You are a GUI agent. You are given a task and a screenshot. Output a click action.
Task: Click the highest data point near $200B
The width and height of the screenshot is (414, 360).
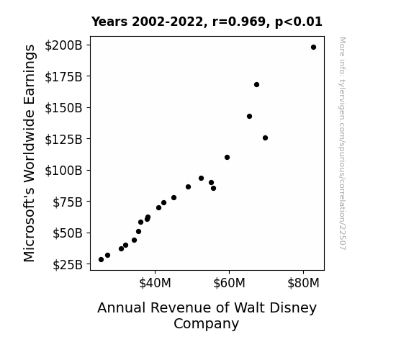point(313,48)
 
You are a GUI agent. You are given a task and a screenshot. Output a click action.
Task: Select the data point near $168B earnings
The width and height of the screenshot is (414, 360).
point(256,84)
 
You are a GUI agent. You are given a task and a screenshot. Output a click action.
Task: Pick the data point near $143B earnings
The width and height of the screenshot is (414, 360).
point(250,116)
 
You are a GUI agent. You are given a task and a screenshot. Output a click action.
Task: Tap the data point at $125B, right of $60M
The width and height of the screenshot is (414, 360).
point(266,138)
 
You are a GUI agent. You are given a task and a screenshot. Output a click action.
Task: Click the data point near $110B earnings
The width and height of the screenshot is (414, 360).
point(227,158)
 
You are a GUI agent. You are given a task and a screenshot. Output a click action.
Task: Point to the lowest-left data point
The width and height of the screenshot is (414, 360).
point(101,260)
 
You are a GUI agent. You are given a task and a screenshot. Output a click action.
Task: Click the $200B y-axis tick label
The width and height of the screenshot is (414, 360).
point(63,45)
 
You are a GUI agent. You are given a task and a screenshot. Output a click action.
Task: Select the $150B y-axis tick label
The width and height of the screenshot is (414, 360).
point(63,108)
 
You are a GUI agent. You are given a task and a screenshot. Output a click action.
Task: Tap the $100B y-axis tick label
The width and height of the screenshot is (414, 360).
point(63,171)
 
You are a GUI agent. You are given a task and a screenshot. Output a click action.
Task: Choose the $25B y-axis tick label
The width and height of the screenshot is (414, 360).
point(68,265)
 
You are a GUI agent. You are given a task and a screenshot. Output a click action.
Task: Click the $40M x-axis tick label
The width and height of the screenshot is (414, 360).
point(156,283)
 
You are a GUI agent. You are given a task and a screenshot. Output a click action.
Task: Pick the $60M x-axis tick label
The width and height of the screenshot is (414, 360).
point(229,283)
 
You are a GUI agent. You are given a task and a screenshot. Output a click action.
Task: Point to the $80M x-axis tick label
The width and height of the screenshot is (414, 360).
point(303,283)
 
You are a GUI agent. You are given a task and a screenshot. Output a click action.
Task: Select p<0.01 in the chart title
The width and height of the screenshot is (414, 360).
point(299,22)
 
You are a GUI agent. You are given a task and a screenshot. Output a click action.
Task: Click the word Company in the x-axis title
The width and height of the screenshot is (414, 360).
point(206,324)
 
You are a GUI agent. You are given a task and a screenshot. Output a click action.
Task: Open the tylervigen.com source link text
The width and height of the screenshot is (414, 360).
point(342,143)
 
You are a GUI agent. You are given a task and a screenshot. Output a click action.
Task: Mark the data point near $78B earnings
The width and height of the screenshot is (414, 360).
point(174,197)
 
